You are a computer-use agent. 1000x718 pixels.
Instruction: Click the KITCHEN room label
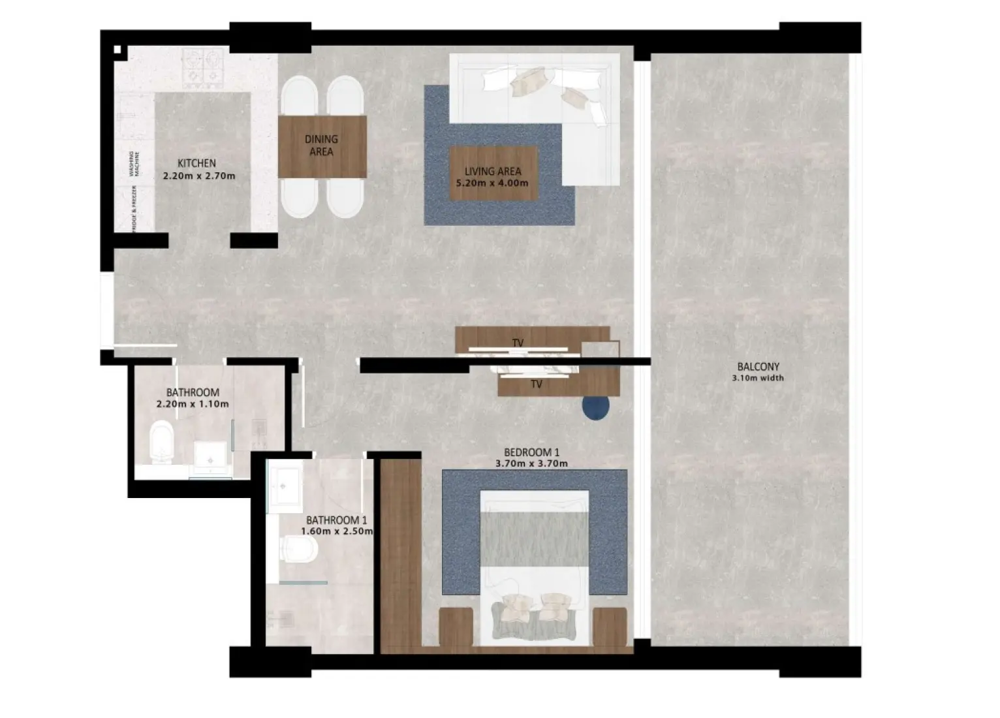click(196, 163)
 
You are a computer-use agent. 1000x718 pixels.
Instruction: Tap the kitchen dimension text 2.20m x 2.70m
click(198, 176)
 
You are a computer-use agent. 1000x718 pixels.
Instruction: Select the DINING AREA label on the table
click(321, 145)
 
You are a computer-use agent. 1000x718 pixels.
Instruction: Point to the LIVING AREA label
click(493, 171)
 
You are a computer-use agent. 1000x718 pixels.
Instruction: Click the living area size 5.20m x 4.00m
click(493, 183)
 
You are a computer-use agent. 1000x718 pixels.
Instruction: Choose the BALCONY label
click(758, 367)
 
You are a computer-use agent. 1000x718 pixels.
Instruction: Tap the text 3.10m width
click(758, 378)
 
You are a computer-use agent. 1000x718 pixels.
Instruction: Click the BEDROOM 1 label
click(531, 452)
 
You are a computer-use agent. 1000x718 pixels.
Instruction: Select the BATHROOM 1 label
click(336, 520)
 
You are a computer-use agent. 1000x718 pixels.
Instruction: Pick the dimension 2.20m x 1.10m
click(193, 404)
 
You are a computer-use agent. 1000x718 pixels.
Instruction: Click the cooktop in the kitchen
click(203, 68)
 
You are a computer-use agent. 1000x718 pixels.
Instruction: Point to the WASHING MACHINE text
click(134, 164)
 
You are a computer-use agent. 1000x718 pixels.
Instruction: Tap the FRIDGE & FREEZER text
click(134, 208)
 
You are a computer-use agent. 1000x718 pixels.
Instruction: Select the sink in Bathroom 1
click(285, 485)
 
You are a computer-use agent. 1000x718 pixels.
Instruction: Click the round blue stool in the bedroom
click(596, 407)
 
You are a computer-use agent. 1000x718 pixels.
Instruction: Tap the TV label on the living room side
click(518, 343)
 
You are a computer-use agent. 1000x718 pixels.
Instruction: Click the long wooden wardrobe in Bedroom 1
click(400, 555)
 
